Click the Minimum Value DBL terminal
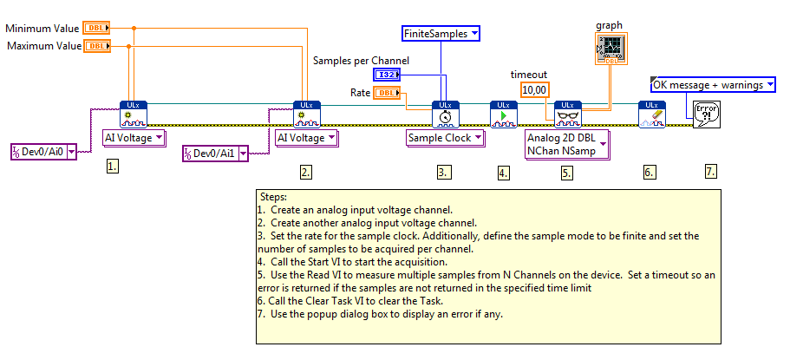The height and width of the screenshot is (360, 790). coord(96,28)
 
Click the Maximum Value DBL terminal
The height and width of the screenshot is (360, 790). coord(96,45)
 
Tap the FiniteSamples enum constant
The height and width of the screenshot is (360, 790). coord(441,34)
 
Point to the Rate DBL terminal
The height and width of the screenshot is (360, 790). coord(386,93)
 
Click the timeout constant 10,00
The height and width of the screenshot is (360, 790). coord(533,89)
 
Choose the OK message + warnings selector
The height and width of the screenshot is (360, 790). coord(712,84)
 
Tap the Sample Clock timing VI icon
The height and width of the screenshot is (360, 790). coord(445,115)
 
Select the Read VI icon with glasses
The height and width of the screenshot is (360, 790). coord(567,115)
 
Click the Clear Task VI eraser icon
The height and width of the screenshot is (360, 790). coord(651,115)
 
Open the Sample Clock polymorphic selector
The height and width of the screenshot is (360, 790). coord(445,138)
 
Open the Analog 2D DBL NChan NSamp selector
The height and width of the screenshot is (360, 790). coord(567,144)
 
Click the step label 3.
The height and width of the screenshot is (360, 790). coord(444,172)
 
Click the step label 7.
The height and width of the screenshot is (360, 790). coord(711,172)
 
